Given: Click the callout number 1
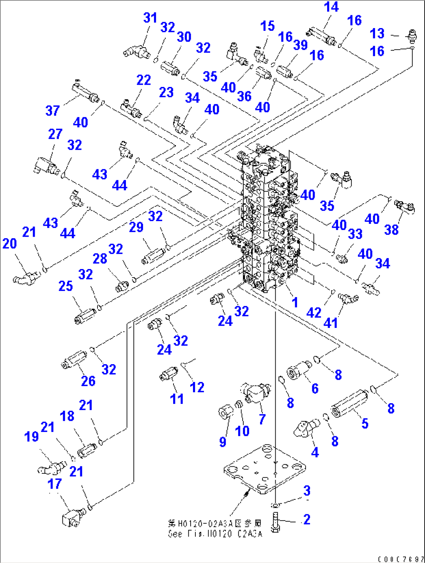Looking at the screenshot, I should tap(295, 302).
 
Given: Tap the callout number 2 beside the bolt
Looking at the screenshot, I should tap(307, 519).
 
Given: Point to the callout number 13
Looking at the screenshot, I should tap(377, 34).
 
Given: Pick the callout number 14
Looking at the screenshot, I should tap(331, 7).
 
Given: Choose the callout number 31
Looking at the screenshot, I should tap(150, 18).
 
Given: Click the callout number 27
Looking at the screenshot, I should tap(55, 134).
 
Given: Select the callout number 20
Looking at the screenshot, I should tap(10, 244).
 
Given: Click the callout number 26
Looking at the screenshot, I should tap(88, 381).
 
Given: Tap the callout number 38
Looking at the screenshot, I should tap(391, 230).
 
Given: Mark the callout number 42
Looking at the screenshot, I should tap(314, 312).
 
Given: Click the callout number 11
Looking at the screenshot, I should tap(177, 399).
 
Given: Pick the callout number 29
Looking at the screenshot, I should tap(136, 227).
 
